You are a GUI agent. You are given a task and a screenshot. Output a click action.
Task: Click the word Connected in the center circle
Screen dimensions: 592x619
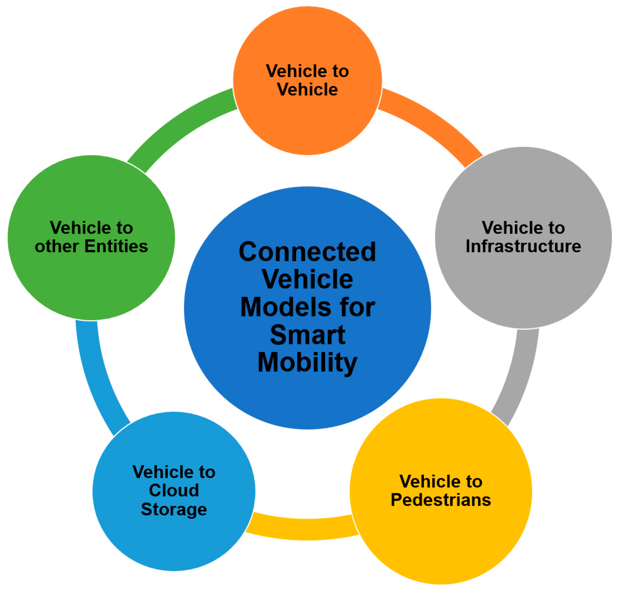click(307, 252)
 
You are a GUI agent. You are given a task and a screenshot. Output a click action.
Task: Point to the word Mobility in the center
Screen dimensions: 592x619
click(307, 363)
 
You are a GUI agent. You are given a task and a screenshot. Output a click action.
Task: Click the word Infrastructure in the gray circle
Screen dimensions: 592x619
click(523, 246)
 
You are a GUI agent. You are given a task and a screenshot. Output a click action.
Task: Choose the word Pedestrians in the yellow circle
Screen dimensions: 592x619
click(441, 500)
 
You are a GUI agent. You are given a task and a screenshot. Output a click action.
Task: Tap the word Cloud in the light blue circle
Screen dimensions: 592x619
click(174, 491)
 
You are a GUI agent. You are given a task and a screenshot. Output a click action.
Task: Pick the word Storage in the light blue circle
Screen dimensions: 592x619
click(174, 509)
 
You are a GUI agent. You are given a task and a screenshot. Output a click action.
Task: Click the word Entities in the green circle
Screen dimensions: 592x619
click(116, 246)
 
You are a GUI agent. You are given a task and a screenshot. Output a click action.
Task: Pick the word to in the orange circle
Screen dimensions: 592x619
click(340, 71)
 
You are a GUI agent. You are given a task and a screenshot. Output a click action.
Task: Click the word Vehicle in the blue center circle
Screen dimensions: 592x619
click(307, 279)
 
